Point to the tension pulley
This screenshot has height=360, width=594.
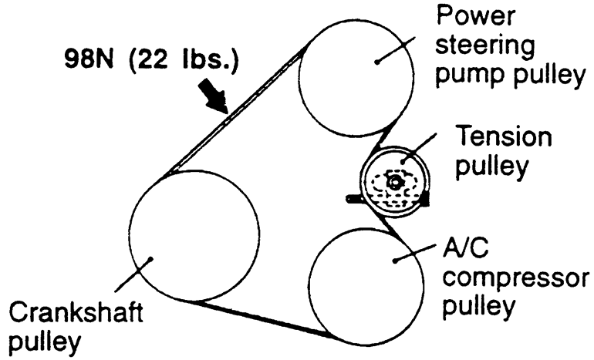394,182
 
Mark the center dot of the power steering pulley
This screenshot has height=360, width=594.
376,60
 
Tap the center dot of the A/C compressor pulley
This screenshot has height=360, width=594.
395,260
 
